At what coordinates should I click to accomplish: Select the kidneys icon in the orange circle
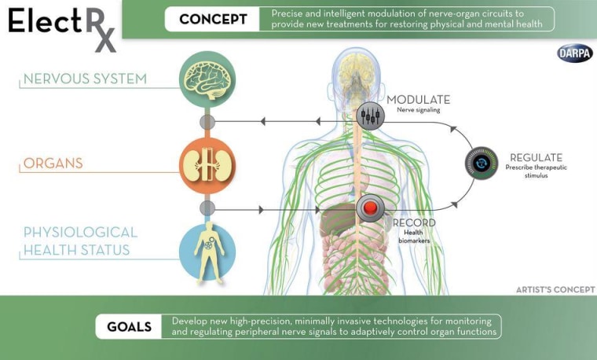point(207,164)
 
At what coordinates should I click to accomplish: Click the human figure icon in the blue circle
point(207,252)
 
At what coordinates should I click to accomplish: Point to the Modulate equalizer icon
point(370,116)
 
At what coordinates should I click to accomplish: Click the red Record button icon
point(370,208)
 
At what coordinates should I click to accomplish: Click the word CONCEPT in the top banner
point(212,19)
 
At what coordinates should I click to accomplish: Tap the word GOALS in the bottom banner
point(130,326)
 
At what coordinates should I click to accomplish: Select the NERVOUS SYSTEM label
point(85,79)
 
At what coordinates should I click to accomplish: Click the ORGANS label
point(53,163)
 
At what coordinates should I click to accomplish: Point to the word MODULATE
point(418,100)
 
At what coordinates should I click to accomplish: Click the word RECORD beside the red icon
point(414,223)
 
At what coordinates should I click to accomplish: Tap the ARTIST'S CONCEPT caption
point(555,289)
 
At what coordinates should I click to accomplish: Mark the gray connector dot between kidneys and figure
point(207,208)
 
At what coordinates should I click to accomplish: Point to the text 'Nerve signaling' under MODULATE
point(418,110)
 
